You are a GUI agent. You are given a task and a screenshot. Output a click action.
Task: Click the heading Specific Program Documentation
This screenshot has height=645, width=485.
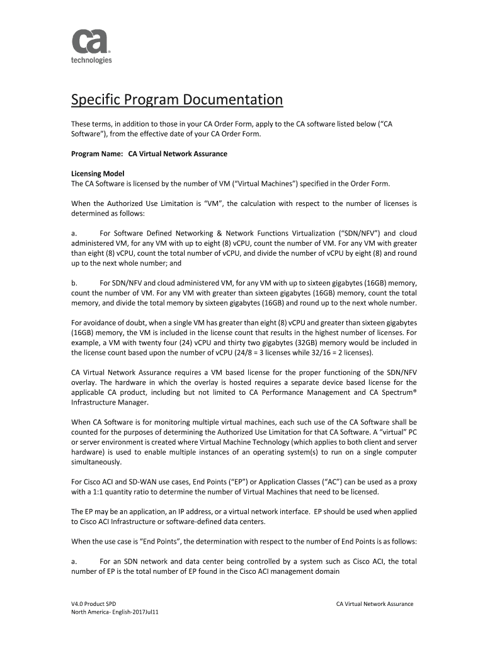pos(176,100)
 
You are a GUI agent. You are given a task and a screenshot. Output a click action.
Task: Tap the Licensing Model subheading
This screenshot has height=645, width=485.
pos(98,173)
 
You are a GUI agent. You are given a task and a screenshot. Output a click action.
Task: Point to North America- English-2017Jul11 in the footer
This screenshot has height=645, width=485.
pos(114,613)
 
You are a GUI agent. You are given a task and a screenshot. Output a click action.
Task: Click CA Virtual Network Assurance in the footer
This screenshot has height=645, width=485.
pos(375,604)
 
